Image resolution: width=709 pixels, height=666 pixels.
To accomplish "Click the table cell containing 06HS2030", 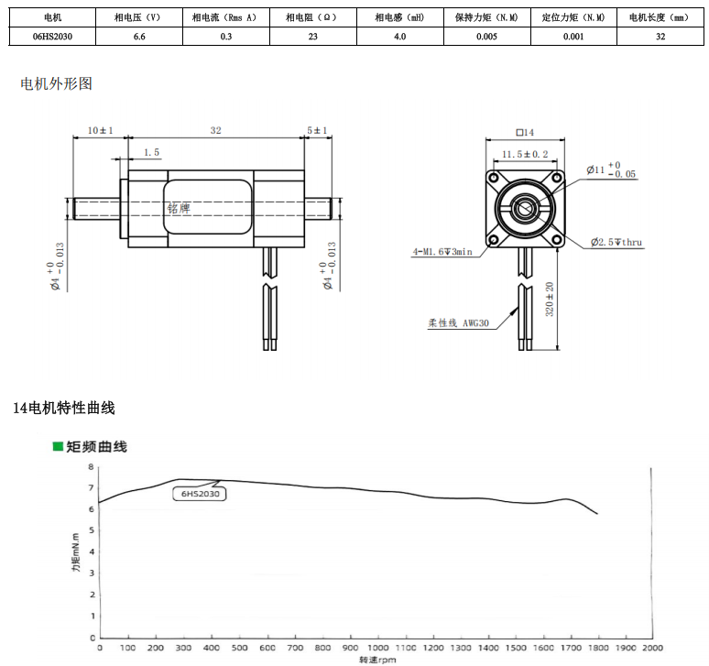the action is click(52, 37).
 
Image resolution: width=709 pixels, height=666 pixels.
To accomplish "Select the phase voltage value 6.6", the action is click(139, 37).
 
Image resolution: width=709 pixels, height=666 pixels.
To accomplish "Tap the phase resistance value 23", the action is click(313, 37).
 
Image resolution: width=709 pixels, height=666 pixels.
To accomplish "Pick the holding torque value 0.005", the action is click(486, 37).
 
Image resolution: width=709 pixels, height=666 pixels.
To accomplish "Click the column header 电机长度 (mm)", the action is click(660, 17).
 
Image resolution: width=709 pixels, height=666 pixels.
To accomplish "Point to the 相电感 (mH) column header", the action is click(400, 17).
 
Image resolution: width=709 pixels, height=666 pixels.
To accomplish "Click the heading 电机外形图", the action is click(56, 83).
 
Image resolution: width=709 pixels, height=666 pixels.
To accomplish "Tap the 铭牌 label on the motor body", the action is click(179, 209).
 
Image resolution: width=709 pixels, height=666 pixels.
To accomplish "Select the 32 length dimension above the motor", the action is click(215, 130).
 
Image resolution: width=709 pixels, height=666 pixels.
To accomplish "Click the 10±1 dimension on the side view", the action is click(101, 130).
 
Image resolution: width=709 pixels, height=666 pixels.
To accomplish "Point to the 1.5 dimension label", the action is click(151, 152).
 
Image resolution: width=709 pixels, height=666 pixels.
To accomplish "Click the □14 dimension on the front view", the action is click(525, 133).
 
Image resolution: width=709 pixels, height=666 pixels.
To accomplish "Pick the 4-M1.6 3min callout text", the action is click(442, 252).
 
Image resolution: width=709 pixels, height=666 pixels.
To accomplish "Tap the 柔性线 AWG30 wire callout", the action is click(459, 322).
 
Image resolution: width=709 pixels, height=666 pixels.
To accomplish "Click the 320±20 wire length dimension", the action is click(550, 300).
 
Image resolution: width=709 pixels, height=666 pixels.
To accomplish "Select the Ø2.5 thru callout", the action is click(616, 243).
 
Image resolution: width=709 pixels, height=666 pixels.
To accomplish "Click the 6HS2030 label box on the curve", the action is click(200, 494).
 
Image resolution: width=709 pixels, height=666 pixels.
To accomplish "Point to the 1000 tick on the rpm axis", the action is click(377, 648).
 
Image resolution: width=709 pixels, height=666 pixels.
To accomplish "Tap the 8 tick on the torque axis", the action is click(92, 466).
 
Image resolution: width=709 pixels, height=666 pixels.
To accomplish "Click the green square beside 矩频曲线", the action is click(58, 447).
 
